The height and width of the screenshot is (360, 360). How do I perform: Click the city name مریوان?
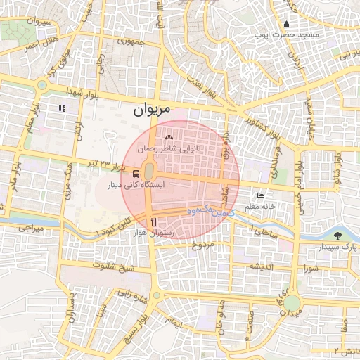[151, 110]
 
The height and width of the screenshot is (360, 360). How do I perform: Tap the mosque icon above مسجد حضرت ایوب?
[287, 25]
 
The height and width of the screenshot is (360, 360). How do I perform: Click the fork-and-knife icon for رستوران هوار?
[153, 222]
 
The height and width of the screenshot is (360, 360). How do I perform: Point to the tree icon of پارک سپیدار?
[340, 236]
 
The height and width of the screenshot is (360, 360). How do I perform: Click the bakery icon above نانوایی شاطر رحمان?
[168, 137]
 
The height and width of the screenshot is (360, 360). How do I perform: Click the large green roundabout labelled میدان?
[292, 304]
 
